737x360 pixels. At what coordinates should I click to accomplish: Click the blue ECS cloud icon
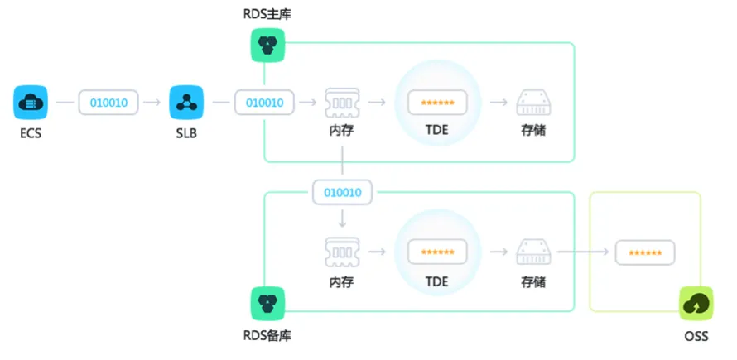pyautogui.click(x=31, y=102)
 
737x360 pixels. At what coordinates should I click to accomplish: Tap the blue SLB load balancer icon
pyautogui.click(x=186, y=102)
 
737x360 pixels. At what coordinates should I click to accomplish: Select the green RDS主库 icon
pyautogui.click(x=268, y=46)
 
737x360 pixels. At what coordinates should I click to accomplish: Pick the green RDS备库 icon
pyautogui.click(x=268, y=303)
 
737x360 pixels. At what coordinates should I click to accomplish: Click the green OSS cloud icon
pyautogui.click(x=696, y=303)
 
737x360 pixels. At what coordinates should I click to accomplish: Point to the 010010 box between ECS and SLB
pyautogui.click(x=108, y=103)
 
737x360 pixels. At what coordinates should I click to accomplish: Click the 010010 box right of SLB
pyautogui.click(x=265, y=103)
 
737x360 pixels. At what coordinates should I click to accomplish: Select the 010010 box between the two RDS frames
pyautogui.click(x=343, y=192)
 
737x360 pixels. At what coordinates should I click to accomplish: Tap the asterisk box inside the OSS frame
pyautogui.click(x=645, y=252)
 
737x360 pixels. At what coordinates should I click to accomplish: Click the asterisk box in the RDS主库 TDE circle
pyautogui.click(x=437, y=103)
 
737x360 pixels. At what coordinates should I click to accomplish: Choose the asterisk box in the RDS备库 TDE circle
pyautogui.click(x=437, y=252)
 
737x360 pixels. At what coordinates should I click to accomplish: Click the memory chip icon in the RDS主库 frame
pyautogui.click(x=342, y=103)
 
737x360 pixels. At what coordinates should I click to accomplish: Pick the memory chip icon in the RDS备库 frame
pyautogui.click(x=342, y=252)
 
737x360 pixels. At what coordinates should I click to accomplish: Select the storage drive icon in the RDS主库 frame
pyautogui.click(x=534, y=103)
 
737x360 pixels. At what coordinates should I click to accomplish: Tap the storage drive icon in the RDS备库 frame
pyautogui.click(x=534, y=252)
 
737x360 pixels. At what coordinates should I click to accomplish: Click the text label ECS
pyautogui.click(x=31, y=133)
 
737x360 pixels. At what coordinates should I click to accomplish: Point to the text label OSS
pyautogui.click(x=696, y=336)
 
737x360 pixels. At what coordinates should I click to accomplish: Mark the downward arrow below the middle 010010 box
pyautogui.click(x=342, y=218)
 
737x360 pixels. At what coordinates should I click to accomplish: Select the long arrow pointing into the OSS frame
pyautogui.click(x=583, y=252)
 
